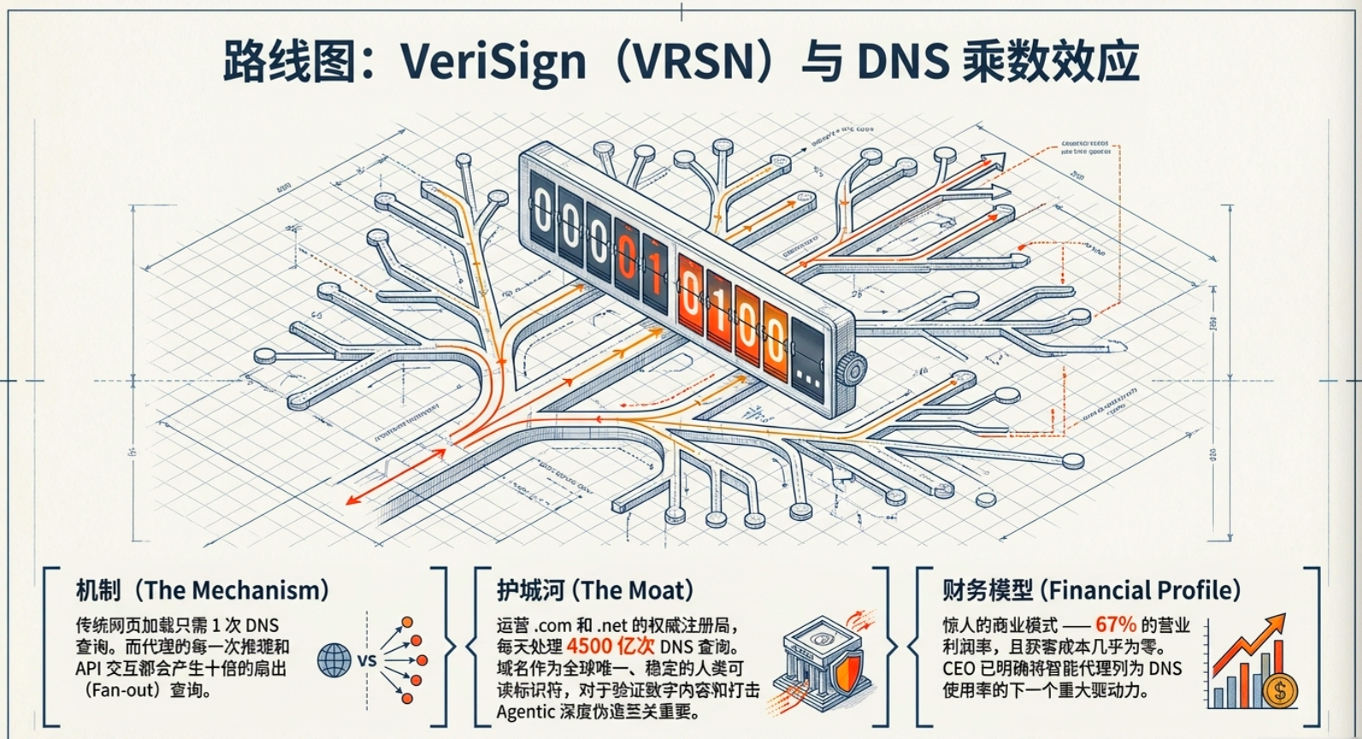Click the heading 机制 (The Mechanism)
click(202, 590)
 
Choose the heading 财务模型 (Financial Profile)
click(1091, 590)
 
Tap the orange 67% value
click(1115, 624)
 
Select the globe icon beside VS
click(334, 660)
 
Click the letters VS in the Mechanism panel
click(367, 661)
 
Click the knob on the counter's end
click(852, 370)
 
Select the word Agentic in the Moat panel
click(526, 712)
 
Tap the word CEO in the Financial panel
click(959, 668)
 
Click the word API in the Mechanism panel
click(87, 668)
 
